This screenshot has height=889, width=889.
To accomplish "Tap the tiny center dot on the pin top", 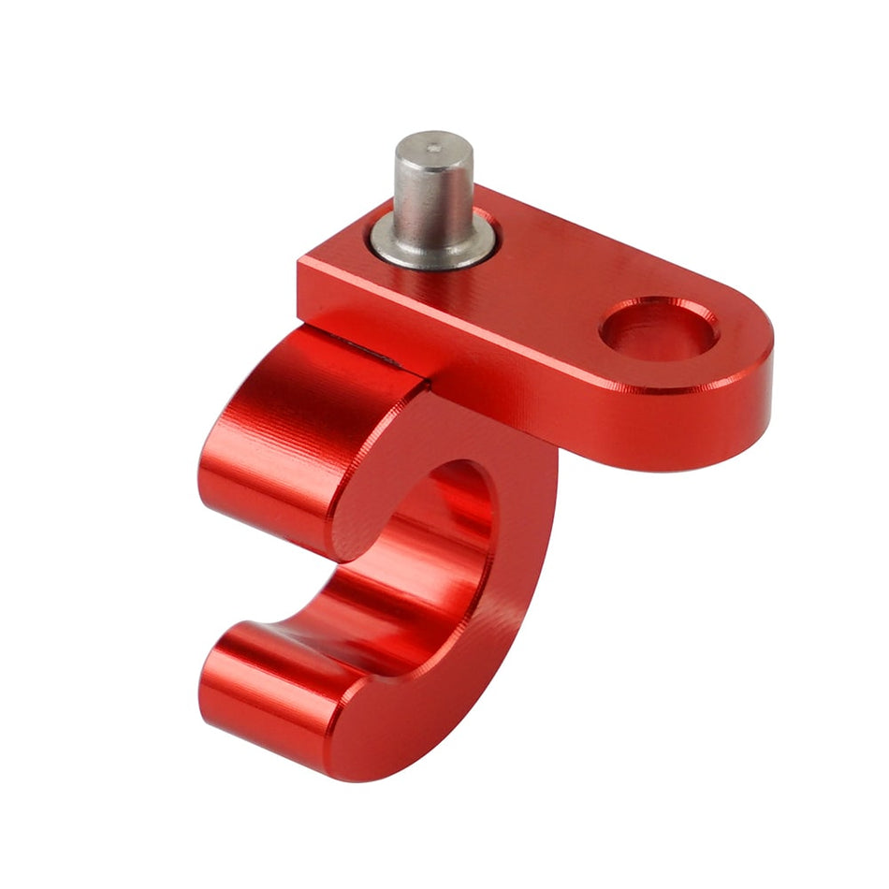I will [x=431, y=147].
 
